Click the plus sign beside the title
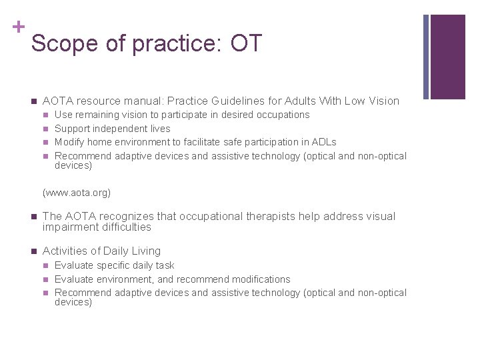click(x=17, y=27)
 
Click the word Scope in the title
click(x=61, y=43)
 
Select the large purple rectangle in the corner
click(x=448, y=57)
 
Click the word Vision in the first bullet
click(x=382, y=101)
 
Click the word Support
click(x=73, y=129)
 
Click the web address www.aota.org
click(x=77, y=193)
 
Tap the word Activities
click(x=65, y=251)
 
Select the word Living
click(x=145, y=251)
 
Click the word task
click(x=163, y=265)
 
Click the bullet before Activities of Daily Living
click(x=33, y=251)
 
